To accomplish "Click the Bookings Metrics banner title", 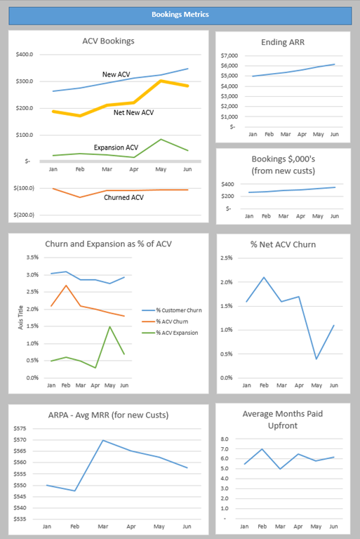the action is pyautogui.click(x=180, y=15).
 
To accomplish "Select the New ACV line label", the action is pyautogui.click(x=116, y=74).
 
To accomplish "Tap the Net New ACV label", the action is pyautogui.click(x=134, y=112).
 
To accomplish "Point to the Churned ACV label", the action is pyautogui.click(x=124, y=197).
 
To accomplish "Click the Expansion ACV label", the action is pyautogui.click(x=116, y=147).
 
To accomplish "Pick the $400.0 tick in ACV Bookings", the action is pyautogui.click(x=25, y=54).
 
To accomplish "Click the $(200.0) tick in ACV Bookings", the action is pyautogui.click(x=24, y=215).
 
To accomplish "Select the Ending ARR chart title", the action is pyautogui.click(x=283, y=42).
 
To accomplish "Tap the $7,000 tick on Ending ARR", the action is pyautogui.click(x=229, y=55).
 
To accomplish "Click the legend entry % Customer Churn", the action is pyautogui.click(x=172, y=310).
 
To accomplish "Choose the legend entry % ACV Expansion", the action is pyautogui.click(x=170, y=333).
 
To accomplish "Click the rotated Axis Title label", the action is pyautogui.click(x=20, y=318).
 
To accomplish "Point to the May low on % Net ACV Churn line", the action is pyautogui.click(x=316, y=359).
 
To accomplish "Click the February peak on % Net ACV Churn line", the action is pyautogui.click(x=264, y=277).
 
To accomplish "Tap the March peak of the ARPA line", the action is pyautogui.click(x=103, y=440).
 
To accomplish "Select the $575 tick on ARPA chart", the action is pyautogui.click(x=20, y=428).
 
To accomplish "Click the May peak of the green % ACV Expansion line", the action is pyautogui.click(x=109, y=326).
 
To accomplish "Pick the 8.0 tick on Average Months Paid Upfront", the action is pyautogui.click(x=225, y=439).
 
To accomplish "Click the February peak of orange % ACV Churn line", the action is pyautogui.click(x=66, y=286).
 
